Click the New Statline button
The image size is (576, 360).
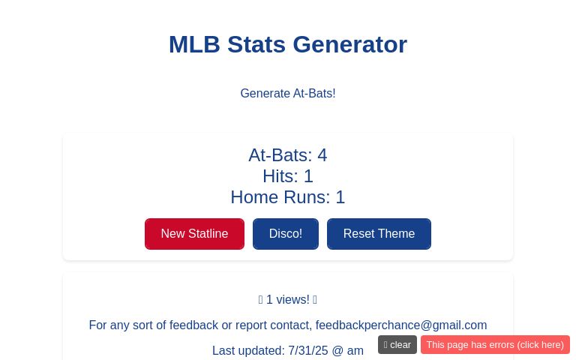pos(194,234)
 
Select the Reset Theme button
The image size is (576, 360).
pos(379,234)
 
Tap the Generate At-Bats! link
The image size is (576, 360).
pos(288,94)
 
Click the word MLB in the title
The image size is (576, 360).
pos(194,44)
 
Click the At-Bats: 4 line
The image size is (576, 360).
pos(288,155)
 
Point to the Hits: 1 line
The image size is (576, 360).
pos(288,176)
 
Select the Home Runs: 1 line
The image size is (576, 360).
pos(288,197)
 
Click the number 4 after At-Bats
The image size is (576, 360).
pos(322,155)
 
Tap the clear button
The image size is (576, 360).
pos(397,345)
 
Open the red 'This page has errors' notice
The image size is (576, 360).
pos(495,345)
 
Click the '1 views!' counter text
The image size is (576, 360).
pos(288,300)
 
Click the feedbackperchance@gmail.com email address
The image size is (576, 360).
pos(400,325)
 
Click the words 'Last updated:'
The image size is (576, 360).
pos(247,351)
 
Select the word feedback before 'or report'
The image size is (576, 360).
pos(193,325)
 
